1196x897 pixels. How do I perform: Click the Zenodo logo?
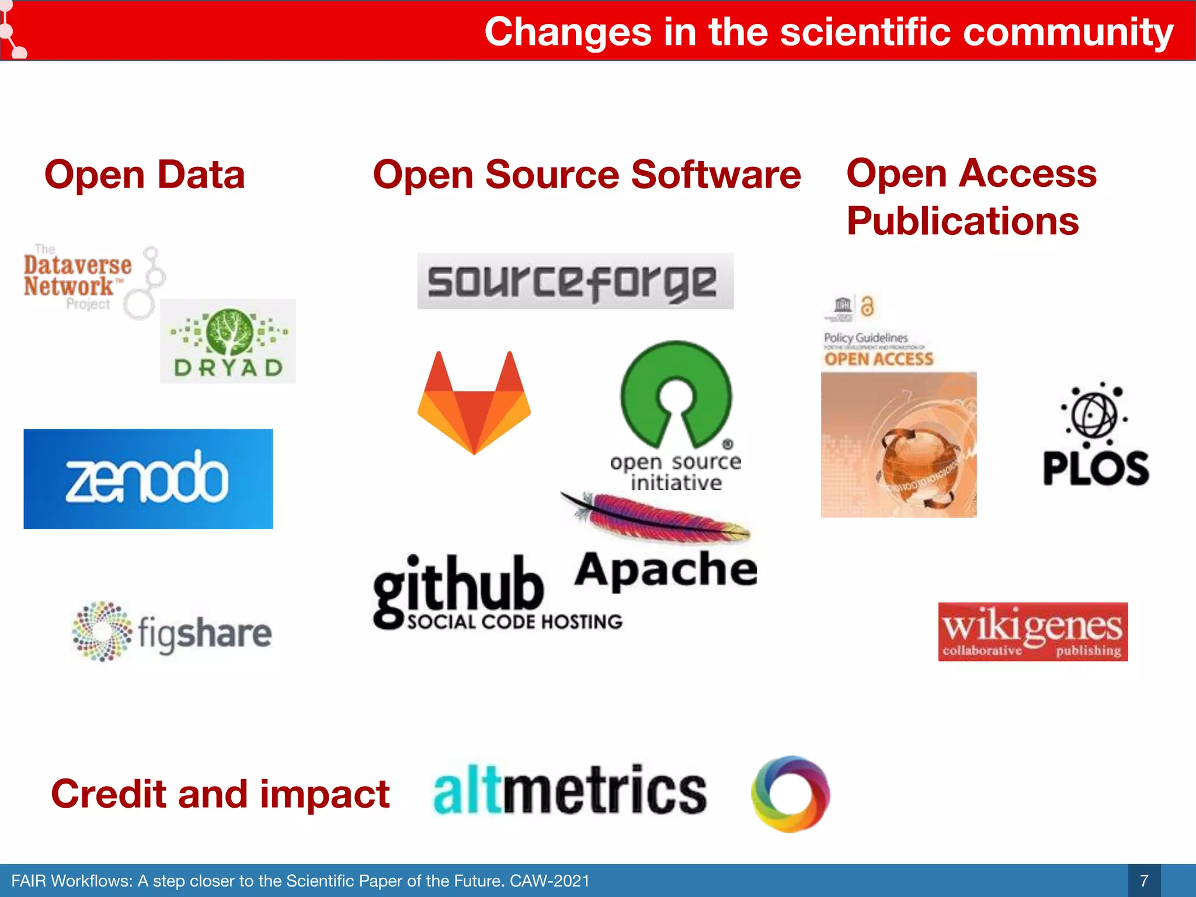pyautogui.click(x=148, y=479)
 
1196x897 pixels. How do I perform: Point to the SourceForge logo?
pyautogui.click(x=575, y=281)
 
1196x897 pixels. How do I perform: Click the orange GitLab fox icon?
pyautogui.click(x=474, y=402)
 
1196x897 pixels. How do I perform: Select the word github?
pyautogui.click(x=459, y=587)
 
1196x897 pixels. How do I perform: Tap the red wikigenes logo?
pyautogui.click(x=1032, y=632)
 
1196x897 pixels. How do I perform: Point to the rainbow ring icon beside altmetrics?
pyautogui.click(x=790, y=794)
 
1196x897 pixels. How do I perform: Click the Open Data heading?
pyautogui.click(x=145, y=175)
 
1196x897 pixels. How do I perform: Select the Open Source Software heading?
pyautogui.click(x=587, y=175)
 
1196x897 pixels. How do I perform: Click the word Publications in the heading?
pyautogui.click(x=962, y=221)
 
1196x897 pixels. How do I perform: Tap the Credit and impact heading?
pyautogui.click(x=220, y=794)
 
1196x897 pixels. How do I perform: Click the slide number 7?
pyautogui.click(x=1144, y=881)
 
